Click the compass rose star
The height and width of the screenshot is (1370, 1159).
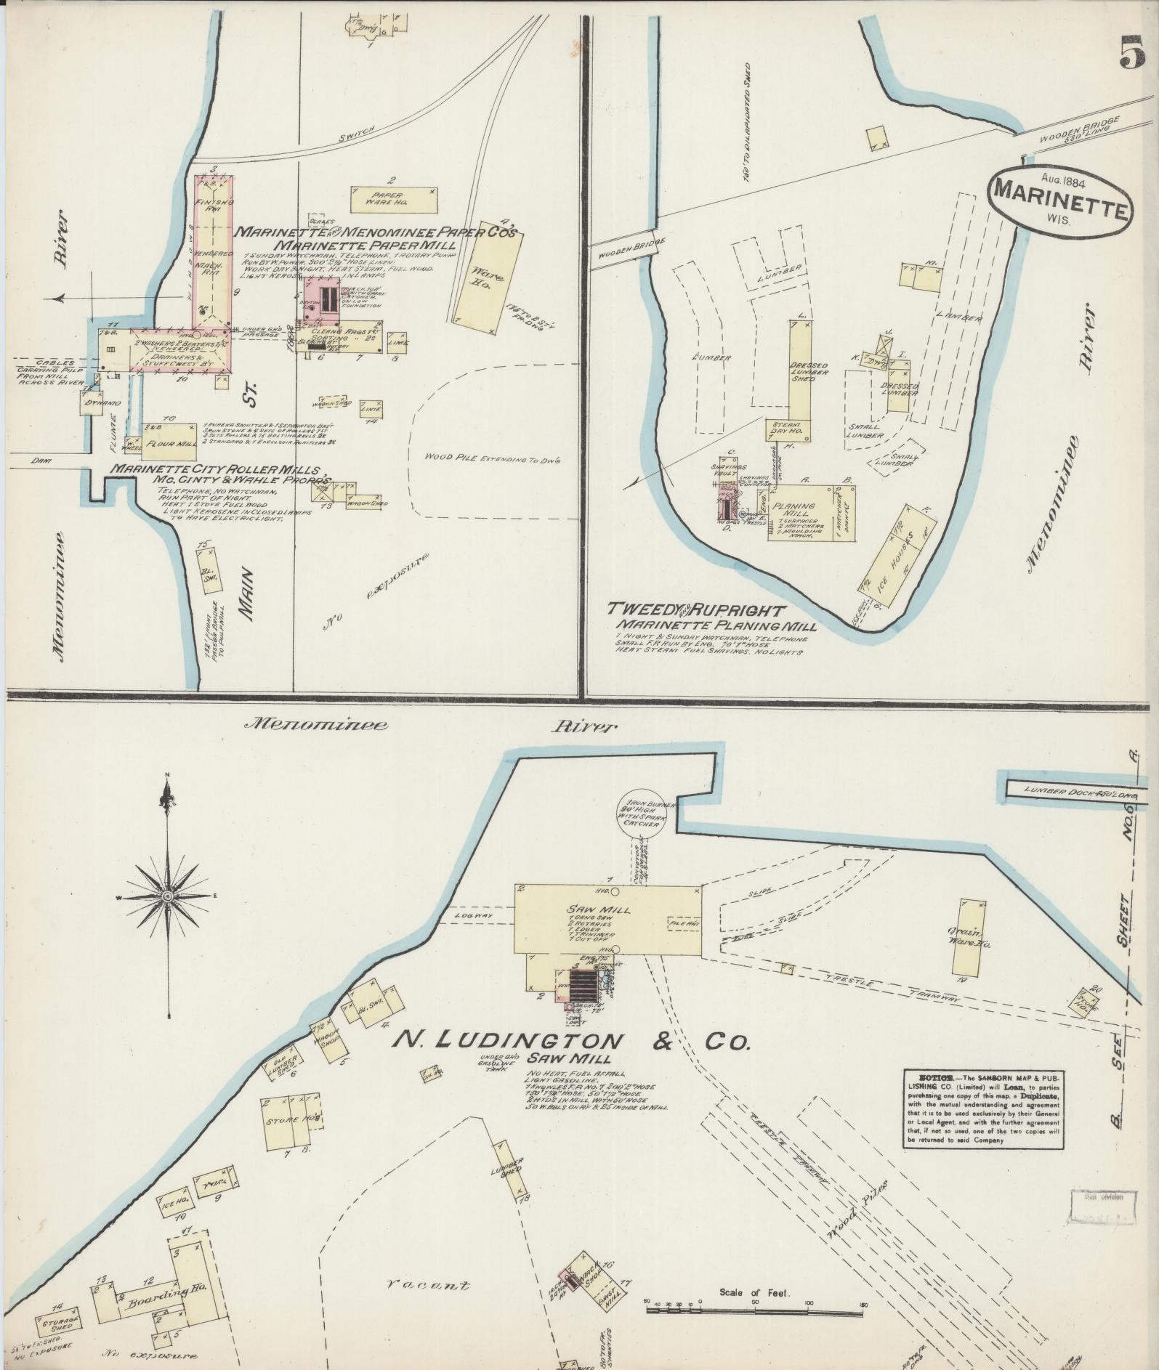(168, 899)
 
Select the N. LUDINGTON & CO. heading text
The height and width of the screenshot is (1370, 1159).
(570, 1041)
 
